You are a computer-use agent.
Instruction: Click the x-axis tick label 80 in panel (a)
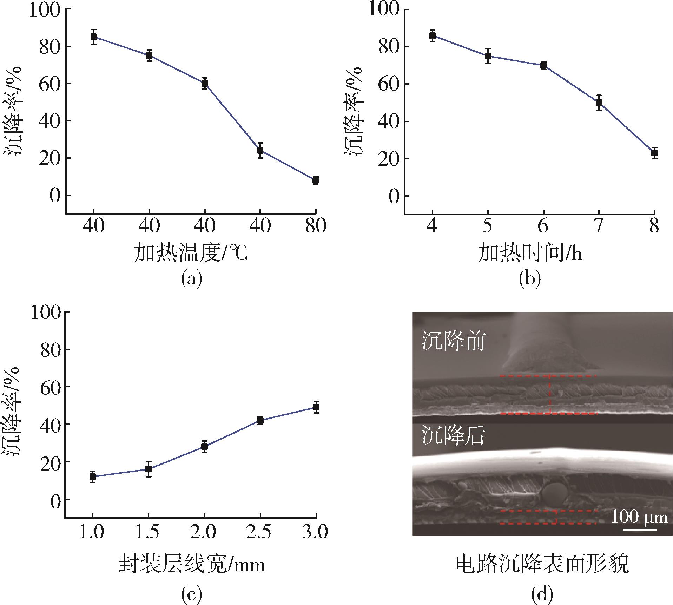[316, 226]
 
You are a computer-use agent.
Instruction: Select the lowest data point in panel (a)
[316, 180]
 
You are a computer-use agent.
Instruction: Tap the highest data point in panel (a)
[94, 37]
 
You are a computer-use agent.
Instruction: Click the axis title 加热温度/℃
[191, 254]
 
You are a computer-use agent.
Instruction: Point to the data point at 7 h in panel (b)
[599, 103]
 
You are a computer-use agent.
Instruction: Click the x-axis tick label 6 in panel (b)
[543, 226]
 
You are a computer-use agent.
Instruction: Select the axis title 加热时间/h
[530, 254]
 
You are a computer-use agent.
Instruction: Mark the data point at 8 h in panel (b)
[654, 153]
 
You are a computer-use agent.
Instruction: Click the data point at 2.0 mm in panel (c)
[205, 447]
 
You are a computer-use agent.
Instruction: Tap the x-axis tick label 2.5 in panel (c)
[260, 532]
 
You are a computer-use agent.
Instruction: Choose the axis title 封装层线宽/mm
[192, 565]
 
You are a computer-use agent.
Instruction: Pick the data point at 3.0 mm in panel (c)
[316, 407]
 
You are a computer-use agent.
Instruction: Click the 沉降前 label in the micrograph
[453, 341]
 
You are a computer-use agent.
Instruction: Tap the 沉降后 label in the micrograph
[453, 435]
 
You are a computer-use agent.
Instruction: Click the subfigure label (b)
[530, 278]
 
